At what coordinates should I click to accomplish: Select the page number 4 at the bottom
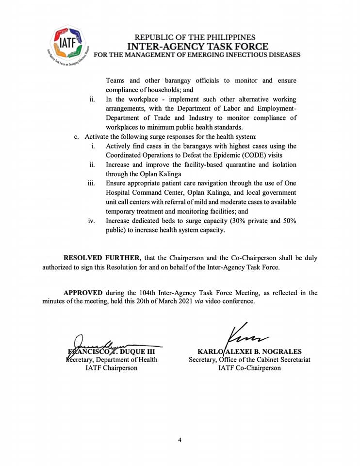pos(180,440)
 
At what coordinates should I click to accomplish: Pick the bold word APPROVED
pos(83,293)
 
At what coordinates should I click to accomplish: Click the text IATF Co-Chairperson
pos(249,368)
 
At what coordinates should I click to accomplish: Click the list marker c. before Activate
pos(77,136)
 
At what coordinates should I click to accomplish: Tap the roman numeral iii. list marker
pos(91,183)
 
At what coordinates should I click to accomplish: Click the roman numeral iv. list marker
pos(91,221)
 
